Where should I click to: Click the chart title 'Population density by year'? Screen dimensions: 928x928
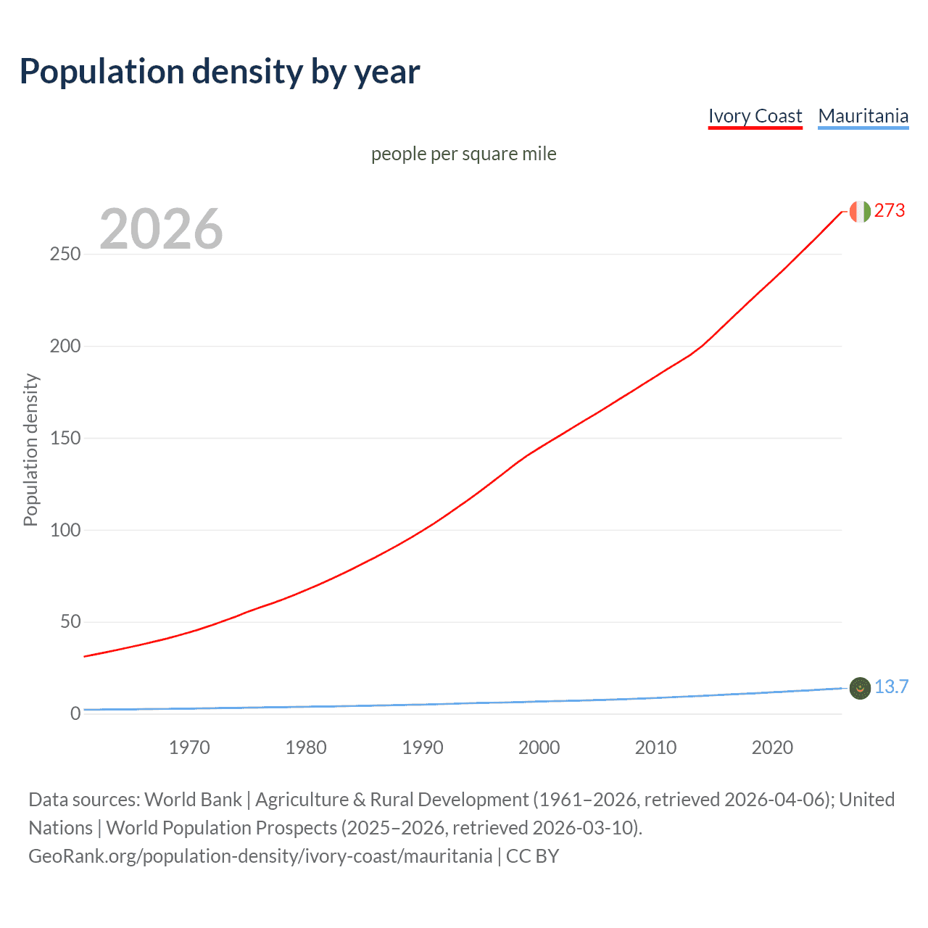pos(220,72)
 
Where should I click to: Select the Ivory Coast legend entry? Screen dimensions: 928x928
pos(755,116)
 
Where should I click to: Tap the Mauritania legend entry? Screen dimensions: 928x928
pos(863,116)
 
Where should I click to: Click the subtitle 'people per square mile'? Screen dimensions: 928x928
pos(463,154)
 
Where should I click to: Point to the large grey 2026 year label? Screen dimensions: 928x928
pos(161,229)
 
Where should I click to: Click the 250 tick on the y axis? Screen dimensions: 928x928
pos(65,254)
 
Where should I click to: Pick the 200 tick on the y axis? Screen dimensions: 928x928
pos(65,347)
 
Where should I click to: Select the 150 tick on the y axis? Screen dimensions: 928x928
pos(65,438)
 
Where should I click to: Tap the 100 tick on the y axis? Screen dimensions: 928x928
pos(65,530)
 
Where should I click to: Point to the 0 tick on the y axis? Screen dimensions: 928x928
pos(75,713)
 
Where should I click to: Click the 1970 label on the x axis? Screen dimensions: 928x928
pos(189,747)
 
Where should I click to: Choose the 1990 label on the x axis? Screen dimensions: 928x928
pos(423,747)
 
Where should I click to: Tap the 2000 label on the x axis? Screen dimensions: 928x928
pos(539,747)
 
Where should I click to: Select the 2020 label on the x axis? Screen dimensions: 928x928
pos(772,747)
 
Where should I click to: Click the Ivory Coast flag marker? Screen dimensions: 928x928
pos(860,212)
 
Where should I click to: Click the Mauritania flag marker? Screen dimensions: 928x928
pos(860,688)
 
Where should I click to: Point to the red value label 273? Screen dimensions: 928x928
pos(890,211)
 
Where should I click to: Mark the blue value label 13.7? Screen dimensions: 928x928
pos(891,687)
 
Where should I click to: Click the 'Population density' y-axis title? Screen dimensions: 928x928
pos(30,449)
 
